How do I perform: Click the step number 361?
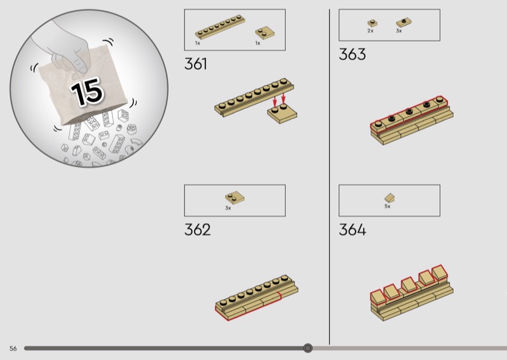click(196, 64)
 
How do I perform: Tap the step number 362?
click(197, 229)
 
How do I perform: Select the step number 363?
click(352, 54)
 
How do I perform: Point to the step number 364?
click(352, 229)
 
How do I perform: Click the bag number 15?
click(87, 92)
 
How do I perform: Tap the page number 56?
click(13, 349)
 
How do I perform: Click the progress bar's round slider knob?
click(308, 348)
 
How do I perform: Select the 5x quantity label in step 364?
click(387, 207)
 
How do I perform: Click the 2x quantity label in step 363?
click(370, 30)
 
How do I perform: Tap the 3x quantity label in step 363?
click(399, 30)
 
